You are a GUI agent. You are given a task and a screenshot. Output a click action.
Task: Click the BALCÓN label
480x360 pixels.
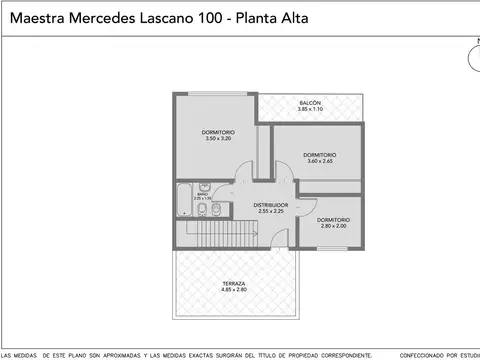point(310,103)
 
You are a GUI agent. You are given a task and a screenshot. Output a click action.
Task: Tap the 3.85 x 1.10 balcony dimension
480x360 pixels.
point(310,109)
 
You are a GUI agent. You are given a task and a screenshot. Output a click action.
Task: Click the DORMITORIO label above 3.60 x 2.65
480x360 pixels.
point(319,154)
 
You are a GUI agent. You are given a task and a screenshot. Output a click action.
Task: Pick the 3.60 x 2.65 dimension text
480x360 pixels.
point(319,160)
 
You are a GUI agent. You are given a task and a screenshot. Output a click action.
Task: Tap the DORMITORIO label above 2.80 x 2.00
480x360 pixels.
point(333,219)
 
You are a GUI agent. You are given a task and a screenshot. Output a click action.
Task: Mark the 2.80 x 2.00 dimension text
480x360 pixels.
point(333,226)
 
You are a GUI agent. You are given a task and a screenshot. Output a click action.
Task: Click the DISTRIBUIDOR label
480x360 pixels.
point(272,205)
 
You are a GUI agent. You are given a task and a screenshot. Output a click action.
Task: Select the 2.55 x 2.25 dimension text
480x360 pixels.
point(272,211)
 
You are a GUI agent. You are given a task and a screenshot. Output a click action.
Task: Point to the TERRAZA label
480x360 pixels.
point(234,284)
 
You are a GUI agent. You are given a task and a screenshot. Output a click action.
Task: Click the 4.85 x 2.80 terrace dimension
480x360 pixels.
point(234,290)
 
